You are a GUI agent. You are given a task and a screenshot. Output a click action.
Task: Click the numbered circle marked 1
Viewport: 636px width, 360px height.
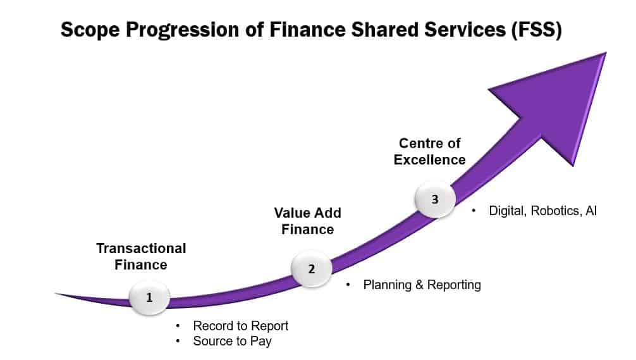(149, 297)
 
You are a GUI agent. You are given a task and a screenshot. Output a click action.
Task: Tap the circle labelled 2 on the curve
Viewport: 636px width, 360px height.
(312, 268)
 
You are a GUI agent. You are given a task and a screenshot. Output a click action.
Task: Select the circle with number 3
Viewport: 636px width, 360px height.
(435, 199)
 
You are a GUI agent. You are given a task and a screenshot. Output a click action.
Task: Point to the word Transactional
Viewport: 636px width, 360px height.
(141, 249)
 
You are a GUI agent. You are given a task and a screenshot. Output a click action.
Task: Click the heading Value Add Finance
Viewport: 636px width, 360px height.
(307, 221)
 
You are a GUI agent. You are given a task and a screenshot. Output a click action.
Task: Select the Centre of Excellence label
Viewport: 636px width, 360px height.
(429, 151)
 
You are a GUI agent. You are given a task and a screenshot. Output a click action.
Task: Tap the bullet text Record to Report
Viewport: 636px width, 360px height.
(240, 326)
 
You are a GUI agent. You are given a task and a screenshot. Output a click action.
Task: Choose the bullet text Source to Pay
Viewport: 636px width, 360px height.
(232, 341)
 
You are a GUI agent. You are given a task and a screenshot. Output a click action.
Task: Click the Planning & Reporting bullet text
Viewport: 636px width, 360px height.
(422, 285)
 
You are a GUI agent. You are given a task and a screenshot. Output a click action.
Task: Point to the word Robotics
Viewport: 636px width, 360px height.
(556, 211)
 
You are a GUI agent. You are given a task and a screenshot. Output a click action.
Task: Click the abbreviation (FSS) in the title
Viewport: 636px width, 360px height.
(536, 30)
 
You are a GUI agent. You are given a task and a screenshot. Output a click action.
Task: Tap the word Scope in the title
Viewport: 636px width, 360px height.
(90, 30)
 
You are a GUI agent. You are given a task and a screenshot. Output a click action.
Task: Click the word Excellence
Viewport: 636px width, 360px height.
(429, 160)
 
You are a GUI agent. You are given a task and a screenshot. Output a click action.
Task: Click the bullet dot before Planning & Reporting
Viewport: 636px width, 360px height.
(348, 285)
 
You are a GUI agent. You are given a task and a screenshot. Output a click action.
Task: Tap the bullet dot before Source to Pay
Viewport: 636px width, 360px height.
(178, 341)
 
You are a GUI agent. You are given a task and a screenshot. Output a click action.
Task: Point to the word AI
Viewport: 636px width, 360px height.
(591, 211)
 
